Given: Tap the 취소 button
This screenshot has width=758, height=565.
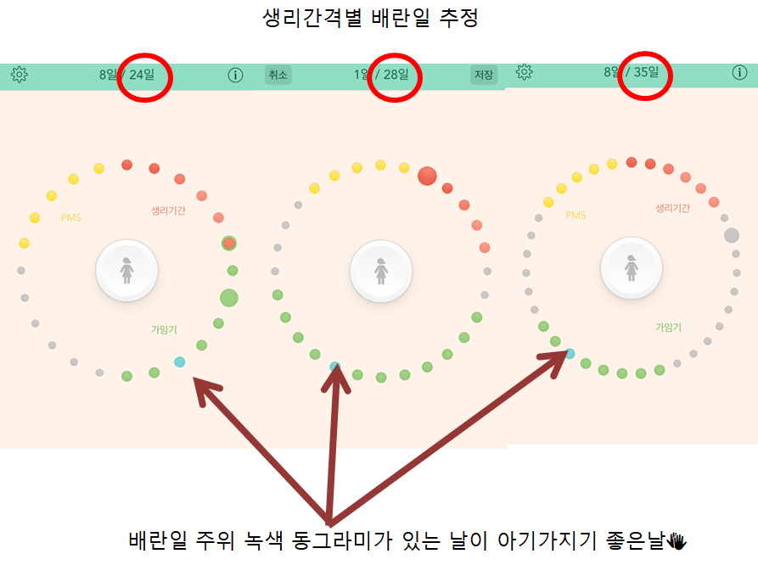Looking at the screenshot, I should point(278,76).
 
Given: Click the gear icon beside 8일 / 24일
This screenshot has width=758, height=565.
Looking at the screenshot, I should point(20,75).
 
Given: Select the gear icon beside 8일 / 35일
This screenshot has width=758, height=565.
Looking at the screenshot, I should point(524,72).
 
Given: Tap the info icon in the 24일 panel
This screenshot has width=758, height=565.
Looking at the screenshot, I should point(235,76).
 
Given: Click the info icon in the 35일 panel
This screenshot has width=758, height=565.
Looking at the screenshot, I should point(740,72).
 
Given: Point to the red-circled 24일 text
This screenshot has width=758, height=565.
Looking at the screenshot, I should point(142,75).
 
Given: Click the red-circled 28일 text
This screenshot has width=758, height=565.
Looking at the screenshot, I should point(396,75).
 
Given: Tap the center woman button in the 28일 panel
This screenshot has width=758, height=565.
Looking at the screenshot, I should point(381,271).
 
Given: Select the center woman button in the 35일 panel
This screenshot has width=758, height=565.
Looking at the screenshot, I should point(632,268).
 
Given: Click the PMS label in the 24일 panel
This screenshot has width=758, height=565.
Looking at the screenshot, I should point(71,218).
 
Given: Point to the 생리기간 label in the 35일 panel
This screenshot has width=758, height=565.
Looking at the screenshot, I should point(673,208).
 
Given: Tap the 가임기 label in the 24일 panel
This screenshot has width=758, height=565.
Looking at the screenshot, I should point(164,328).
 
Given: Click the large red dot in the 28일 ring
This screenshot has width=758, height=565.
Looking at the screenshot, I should point(427,176).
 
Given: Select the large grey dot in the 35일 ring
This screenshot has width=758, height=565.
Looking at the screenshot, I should point(732,236).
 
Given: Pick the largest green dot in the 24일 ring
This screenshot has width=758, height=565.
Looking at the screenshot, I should point(228,298).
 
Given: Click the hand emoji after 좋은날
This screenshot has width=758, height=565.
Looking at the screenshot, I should point(677,540).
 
